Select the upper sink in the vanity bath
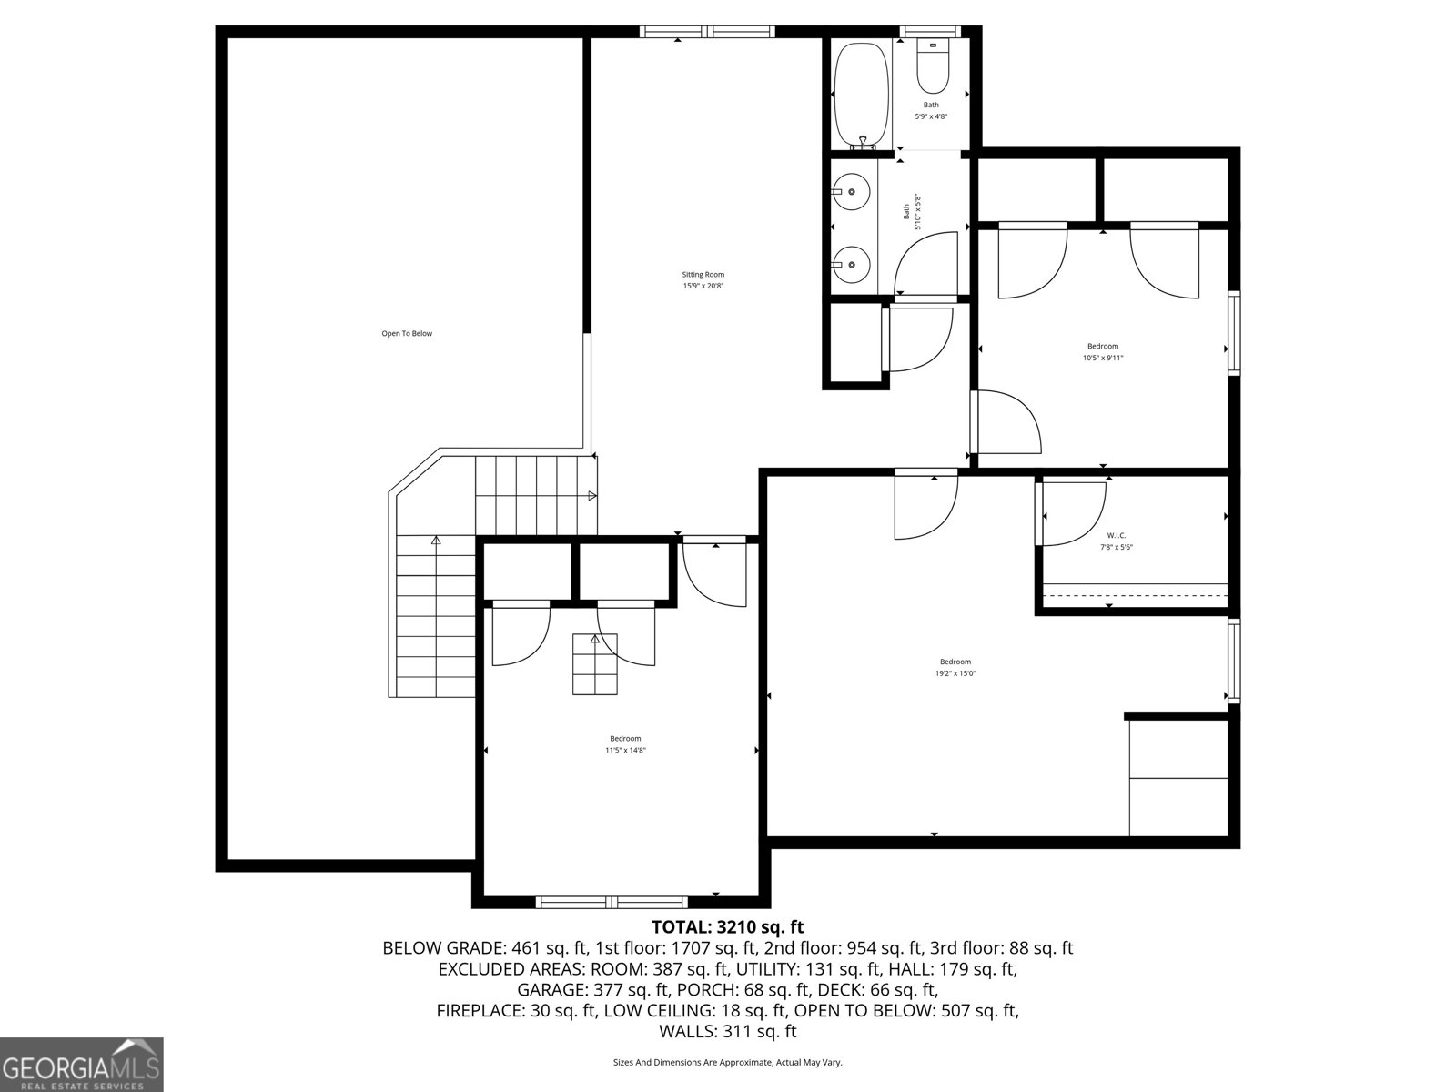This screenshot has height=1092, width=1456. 851,193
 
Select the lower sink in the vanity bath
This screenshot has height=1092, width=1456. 851,264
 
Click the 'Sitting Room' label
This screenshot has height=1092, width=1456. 703,275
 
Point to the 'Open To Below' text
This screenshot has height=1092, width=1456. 407,334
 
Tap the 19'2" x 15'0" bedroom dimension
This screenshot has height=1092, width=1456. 955,674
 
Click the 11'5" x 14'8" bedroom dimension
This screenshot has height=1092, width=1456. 625,751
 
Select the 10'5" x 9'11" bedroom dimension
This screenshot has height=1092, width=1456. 1103,359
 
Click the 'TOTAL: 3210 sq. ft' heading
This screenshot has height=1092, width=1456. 728,927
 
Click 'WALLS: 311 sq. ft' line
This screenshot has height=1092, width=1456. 728,1032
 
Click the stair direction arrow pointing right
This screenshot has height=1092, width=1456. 591,496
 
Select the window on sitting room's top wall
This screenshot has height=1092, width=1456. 707,32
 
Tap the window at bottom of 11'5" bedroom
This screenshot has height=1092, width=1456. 611,902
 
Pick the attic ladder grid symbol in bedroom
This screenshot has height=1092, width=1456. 595,664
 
